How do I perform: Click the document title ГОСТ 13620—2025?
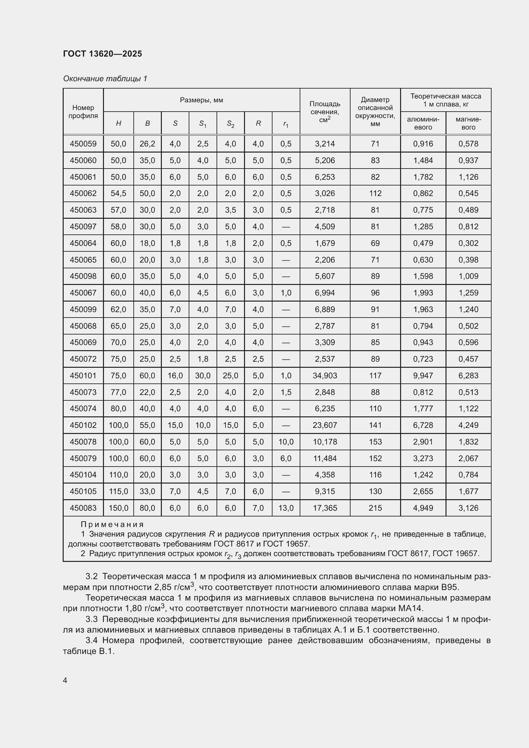click(102, 54)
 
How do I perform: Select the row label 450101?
click(83, 376)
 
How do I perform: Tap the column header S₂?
click(230, 123)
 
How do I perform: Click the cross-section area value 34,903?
click(325, 376)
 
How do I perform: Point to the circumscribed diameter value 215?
click(375, 508)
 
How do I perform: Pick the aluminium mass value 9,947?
click(423, 376)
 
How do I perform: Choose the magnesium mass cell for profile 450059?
click(468, 144)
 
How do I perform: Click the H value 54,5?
click(118, 193)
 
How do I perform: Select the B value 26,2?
click(147, 144)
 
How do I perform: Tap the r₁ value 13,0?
click(286, 508)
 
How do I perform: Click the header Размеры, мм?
click(201, 100)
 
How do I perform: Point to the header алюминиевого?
click(423, 123)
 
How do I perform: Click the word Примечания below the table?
click(112, 524)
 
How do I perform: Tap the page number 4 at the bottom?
click(65, 680)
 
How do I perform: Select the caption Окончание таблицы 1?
click(105, 79)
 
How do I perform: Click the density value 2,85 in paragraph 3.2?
click(162, 587)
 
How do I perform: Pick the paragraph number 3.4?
click(91, 640)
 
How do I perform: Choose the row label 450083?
click(83, 508)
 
